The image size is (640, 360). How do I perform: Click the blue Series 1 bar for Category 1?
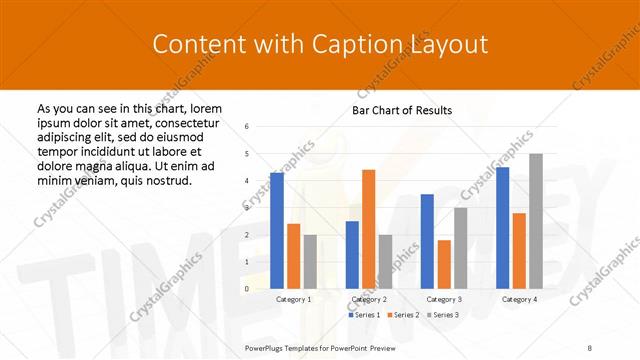pos(277,231)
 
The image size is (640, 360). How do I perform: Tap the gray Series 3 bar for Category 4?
pos(535,221)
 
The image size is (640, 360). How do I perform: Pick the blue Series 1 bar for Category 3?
pos(427,241)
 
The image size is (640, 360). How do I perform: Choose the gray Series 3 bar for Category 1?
pos(310,262)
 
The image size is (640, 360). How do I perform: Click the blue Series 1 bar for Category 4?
pos(502,228)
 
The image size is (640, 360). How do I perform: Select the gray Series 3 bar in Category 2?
pos(385,262)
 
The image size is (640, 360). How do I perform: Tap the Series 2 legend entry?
pos(403,314)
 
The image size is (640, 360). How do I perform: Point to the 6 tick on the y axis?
pos(247,126)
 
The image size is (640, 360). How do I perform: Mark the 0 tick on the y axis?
pos(247,289)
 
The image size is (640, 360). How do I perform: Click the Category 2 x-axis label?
pos(369,299)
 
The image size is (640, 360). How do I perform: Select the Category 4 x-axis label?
pos(518,299)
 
